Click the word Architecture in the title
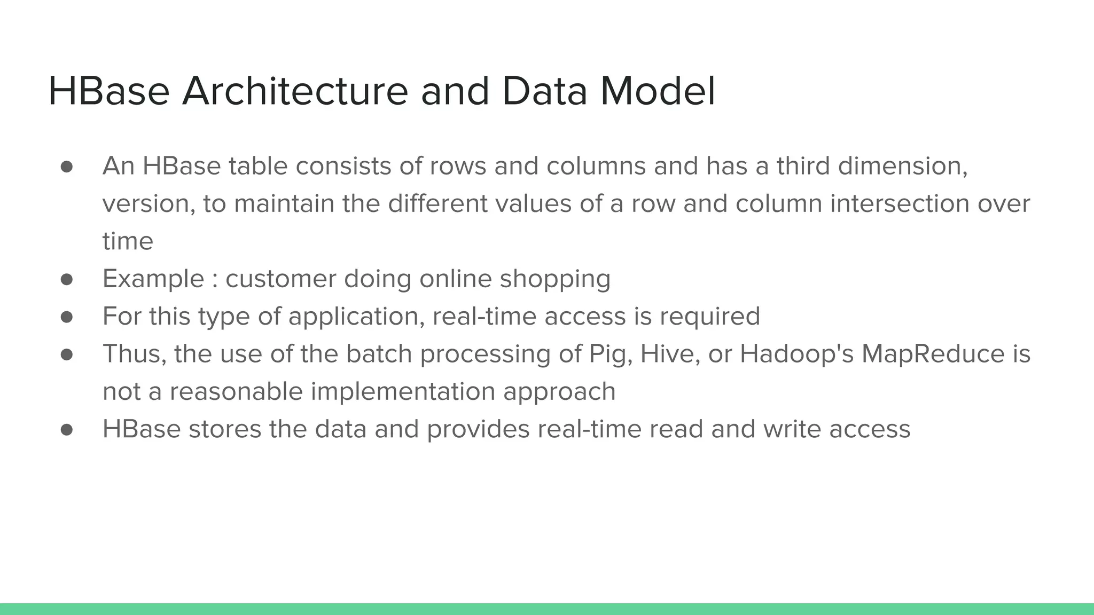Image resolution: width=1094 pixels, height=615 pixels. tap(295, 91)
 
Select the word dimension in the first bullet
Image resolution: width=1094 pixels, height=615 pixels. tap(902, 166)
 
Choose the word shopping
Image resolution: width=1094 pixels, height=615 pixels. tap(555, 280)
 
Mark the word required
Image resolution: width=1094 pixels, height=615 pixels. tap(709, 317)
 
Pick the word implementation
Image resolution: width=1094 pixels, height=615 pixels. tap(403, 392)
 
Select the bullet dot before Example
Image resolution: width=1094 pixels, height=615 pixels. tap(67, 279)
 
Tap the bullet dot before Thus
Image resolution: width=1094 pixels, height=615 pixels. tap(67, 354)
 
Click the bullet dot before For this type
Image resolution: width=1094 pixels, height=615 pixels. tap(67, 317)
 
